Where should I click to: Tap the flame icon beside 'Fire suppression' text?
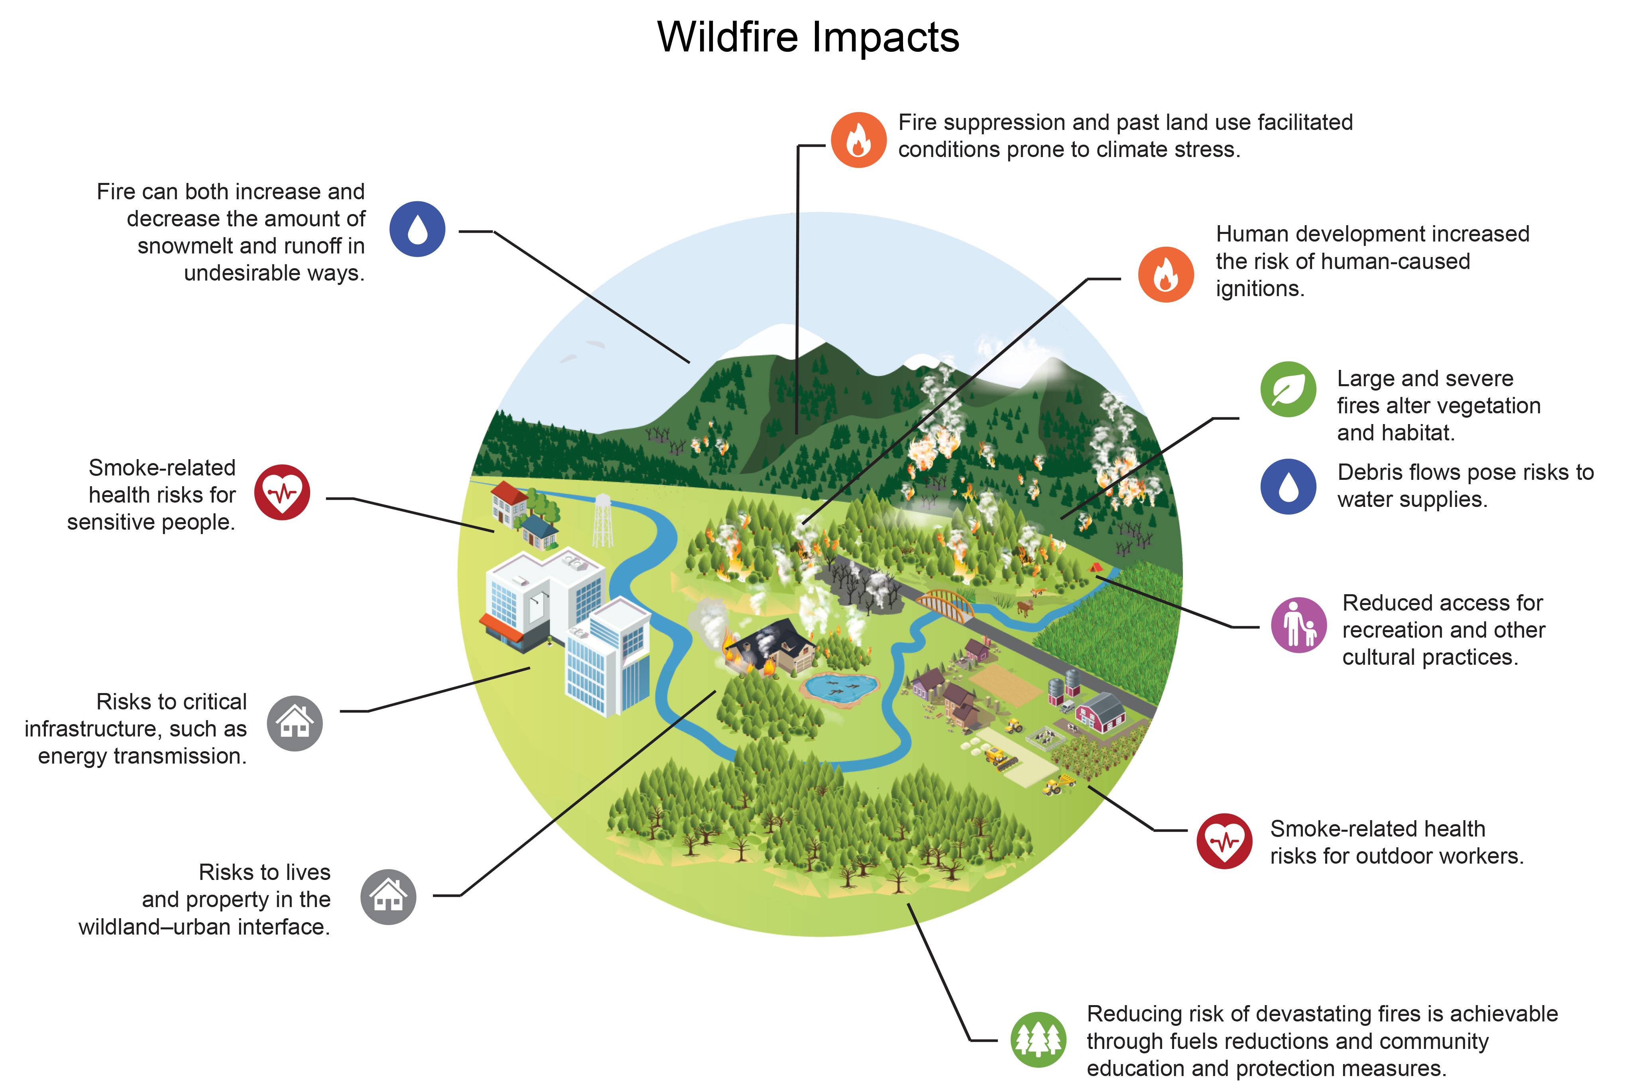pyautogui.click(x=858, y=139)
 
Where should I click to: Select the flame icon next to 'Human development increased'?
pyautogui.click(x=1166, y=274)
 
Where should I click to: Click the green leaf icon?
pyautogui.click(x=1288, y=389)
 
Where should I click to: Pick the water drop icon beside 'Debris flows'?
pyautogui.click(x=1288, y=486)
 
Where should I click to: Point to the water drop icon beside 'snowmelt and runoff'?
pyautogui.click(x=417, y=229)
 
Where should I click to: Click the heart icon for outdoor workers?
pyautogui.click(x=1224, y=841)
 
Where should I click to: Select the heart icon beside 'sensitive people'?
pyautogui.click(x=282, y=492)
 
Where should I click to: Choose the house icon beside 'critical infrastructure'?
pyautogui.click(x=295, y=723)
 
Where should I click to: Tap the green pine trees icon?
pyautogui.click(x=1038, y=1039)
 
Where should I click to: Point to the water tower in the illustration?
pyautogui.click(x=602, y=520)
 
